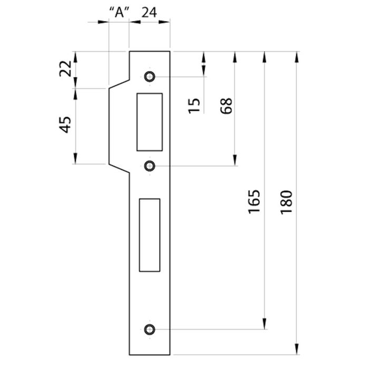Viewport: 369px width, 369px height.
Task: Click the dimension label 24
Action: (x=149, y=13)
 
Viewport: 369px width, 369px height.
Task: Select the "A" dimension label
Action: (x=120, y=12)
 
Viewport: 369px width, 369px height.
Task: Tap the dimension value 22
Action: (x=65, y=69)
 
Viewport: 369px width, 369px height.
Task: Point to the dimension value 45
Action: (x=65, y=125)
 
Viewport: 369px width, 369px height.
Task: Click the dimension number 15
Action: (x=194, y=106)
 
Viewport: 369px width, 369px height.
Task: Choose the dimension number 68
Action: (x=226, y=106)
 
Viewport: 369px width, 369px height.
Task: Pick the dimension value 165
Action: (x=255, y=201)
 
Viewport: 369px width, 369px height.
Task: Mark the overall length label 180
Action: (x=286, y=202)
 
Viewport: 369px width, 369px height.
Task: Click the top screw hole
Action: (x=149, y=76)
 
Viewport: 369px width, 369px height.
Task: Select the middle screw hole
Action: (x=149, y=166)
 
